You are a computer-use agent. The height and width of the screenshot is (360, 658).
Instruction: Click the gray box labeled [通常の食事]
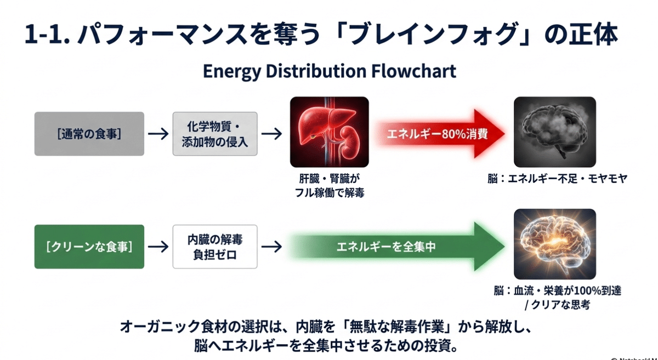(89, 134)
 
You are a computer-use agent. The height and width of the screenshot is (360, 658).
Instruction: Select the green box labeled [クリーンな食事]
(89, 247)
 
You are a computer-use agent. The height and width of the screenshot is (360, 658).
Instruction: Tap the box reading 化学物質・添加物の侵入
(215, 134)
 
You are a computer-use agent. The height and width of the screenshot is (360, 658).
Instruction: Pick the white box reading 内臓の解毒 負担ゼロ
(215, 247)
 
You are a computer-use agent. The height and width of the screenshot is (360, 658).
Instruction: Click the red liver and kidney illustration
(330, 132)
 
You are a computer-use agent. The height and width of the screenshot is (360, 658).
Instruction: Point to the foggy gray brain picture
(554, 132)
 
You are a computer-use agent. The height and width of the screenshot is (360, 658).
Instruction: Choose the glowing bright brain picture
(554, 244)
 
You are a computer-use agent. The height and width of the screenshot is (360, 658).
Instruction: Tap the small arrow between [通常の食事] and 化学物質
(158, 134)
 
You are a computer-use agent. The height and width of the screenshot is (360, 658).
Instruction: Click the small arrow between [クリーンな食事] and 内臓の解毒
(158, 247)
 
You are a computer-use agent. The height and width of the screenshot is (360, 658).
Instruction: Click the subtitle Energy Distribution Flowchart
(329, 72)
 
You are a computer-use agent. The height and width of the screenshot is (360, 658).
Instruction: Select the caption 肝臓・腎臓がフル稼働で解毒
(329, 186)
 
